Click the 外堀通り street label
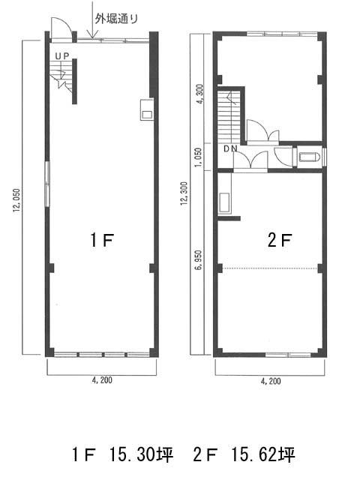pyautogui.click(x=116, y=19)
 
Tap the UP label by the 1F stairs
pyautogui.click(x=62, y=55)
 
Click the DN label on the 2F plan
pyautogui.click(x=230, y=148)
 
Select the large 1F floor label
pyautogui.click(x=102, y=239)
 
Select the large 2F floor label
pyautogui.click(x=280, y=239)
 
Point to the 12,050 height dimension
pyautogui.click(x=16, y=200)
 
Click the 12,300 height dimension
pyautogui.click(x=184, y=193)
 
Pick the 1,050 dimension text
pyautogui.click(x=199, y=157)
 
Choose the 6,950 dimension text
pyautogui.click(x=199, y=260)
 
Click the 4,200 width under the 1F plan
pyautogui.click(x=102, y=380)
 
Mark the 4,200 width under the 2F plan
pyautogui.click(x=271, y=381)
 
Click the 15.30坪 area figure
pyautogui.click(x=141, y=454)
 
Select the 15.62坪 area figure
pyautogui.click(x=263, y=454)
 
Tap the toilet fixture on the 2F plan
pyautogui.click(x=310, y=157)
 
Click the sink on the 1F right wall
pyautogui.click(x=147, y=109)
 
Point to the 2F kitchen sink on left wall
pyautogui.click(x=225, y=202)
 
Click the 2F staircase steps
pyautogui.click(x=229, y=115)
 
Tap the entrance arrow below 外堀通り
pyautogui.click(x=92, y=19)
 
